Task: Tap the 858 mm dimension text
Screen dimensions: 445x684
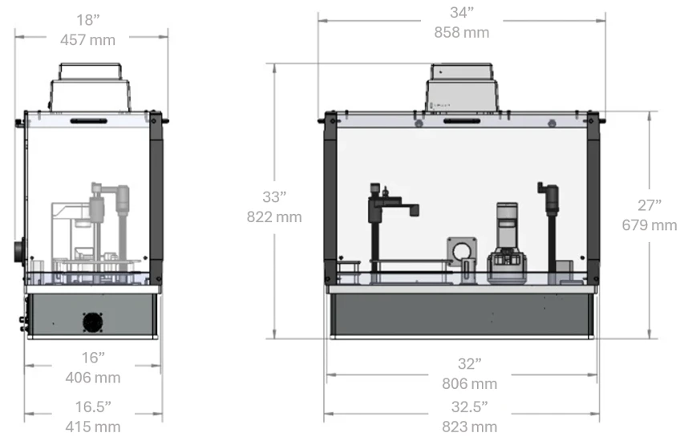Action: [461, 33]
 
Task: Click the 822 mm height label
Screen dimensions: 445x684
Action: [275, 216]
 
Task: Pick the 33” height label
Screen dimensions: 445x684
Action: [275, 196]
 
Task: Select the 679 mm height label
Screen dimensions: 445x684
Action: [649, 225]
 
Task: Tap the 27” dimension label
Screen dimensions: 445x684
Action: [649, 205]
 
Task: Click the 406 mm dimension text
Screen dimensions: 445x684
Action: [93, 377]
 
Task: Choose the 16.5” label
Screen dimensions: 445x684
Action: [93, 407]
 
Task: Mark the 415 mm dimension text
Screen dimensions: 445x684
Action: [93, 426]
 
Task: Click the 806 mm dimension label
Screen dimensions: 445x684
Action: [469, 384]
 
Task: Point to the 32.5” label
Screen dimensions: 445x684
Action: [469, 407]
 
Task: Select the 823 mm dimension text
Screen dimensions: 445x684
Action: [469, 426]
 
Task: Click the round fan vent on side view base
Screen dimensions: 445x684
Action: [93, 322]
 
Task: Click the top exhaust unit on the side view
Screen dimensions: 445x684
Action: [91, 87]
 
